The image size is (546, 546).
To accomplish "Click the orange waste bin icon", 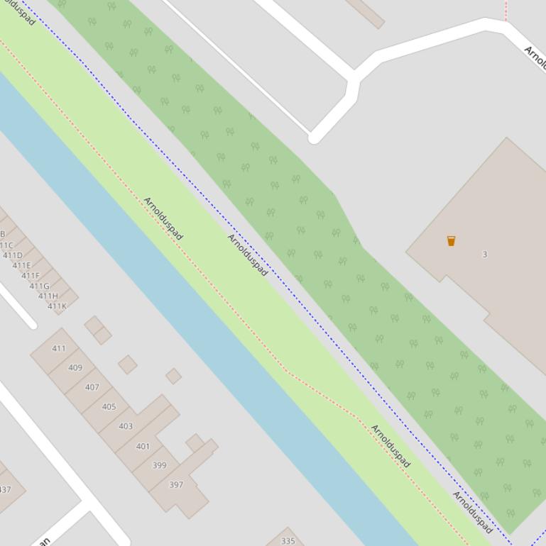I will tap(451, 241).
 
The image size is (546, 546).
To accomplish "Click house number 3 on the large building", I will tap(485, 254).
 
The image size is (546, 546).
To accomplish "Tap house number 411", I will tap(59, 348).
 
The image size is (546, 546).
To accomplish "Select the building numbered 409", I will tap(75, 367).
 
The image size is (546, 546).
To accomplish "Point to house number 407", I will tap(92, 387).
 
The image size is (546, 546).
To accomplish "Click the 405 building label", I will tap(109, 407).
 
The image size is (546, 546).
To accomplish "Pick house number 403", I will tap(126, 426).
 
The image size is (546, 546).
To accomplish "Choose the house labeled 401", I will tap(143, 446).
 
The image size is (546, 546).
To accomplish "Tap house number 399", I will tap(159, 465).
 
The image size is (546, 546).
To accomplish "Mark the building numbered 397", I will tap(176, 485).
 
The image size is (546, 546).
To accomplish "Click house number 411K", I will tap(57, 306).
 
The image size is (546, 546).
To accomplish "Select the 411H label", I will tap(48, 296).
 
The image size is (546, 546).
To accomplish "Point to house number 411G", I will tap(39, 286).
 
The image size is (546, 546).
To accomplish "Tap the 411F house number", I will tap(31, 276).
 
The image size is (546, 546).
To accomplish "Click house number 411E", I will tap(22, 265).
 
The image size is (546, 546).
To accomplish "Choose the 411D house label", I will tap(13, 255).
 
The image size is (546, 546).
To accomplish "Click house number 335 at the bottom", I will tap(288, 541).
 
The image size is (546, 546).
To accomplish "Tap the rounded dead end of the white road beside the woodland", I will tap(314, 138).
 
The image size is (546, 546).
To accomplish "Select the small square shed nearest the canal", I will tap(173, 376).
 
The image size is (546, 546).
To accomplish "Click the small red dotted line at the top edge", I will tap(506, 10).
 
